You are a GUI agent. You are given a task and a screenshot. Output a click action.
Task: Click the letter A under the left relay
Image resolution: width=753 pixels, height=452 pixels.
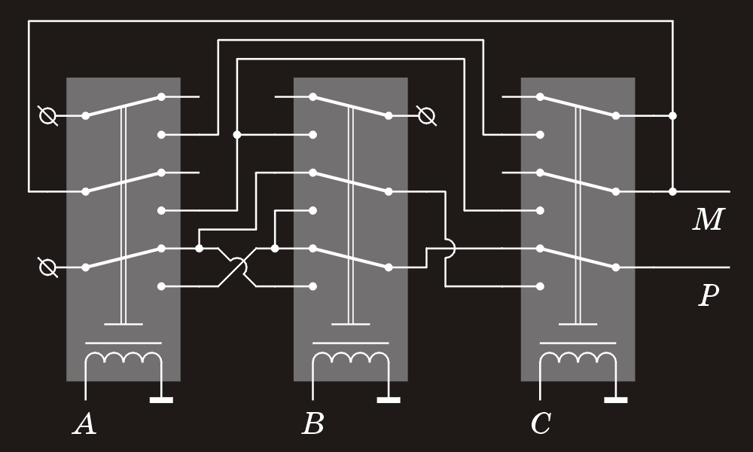84,424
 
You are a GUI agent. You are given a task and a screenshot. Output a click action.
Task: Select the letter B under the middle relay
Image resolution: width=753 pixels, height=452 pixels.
313,424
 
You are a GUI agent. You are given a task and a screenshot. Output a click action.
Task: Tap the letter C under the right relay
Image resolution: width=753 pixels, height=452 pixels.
541,424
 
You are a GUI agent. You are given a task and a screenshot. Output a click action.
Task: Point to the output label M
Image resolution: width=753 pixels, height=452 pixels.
709,219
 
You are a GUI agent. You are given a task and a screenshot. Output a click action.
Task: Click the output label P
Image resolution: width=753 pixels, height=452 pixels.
709,295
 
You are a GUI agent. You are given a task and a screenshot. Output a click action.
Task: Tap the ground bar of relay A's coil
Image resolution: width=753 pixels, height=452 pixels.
161,399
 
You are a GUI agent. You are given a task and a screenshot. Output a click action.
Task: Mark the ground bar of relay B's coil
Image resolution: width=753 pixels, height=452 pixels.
389,399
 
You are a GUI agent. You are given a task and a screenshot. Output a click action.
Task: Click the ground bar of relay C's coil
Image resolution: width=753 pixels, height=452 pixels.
616,399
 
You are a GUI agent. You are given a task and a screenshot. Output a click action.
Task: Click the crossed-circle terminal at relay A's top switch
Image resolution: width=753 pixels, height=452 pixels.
47,116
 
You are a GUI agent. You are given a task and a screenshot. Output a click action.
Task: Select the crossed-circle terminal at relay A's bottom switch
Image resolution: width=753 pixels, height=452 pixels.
47,267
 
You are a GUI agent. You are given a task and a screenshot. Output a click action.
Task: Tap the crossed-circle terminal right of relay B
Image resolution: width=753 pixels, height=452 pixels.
426,116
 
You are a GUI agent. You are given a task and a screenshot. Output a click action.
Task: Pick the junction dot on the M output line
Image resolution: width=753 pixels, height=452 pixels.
672,191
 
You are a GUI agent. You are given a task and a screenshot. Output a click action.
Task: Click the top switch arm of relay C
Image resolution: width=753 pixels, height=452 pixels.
578,106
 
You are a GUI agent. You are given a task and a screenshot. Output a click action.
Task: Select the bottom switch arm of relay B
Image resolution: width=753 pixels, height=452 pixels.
351,258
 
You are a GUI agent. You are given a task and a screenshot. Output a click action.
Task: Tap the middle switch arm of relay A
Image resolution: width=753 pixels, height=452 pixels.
123,182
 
